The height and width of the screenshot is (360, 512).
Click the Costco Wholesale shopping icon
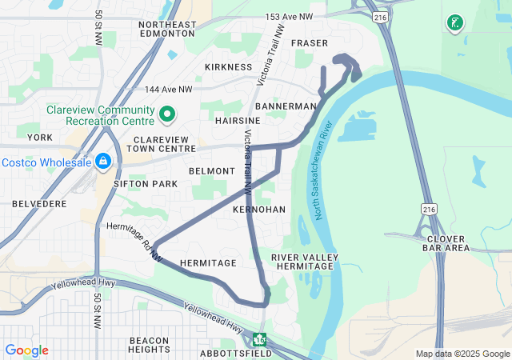coord(102,162)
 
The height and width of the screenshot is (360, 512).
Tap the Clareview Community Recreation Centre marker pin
coord(167,115)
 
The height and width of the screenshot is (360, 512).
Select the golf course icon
coord(454,23)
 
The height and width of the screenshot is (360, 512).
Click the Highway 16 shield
coord(259,339)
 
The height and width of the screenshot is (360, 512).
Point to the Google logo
coord(26,350)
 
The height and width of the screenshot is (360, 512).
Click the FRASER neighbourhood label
coord(310,42)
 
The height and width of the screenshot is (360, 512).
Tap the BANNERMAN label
coord(286,106)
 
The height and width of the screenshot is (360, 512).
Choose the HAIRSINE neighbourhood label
coord(233,120)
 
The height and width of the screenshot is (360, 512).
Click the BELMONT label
coord(212,171)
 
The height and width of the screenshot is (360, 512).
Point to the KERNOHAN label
coord(258,209)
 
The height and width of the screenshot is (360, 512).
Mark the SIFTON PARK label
coord(145,184)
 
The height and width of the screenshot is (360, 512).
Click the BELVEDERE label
coord(40,204)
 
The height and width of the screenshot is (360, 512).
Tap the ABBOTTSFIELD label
coord(238,353)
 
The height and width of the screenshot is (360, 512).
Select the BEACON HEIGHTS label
coord(149,346)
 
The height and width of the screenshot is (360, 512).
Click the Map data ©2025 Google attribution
coord(462,354)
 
